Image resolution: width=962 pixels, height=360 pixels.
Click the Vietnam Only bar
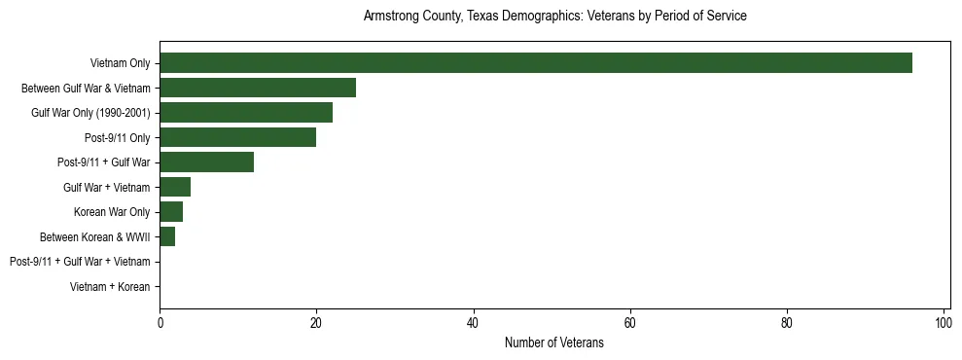click(535, 63)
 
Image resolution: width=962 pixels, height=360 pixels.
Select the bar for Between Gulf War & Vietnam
click(258, 88)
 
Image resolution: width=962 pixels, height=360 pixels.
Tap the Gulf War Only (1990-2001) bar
click(246, 113)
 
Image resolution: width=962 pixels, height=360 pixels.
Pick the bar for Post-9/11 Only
click(238, 137)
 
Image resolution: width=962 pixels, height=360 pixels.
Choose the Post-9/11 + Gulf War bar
click(206, 162)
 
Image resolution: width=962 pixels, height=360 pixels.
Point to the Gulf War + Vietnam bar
click(175, 187)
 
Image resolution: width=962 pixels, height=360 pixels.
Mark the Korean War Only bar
click(171, 212)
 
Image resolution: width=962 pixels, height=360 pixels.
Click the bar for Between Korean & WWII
click(167, 236)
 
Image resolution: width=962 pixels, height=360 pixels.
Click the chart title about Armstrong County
click(554, 17)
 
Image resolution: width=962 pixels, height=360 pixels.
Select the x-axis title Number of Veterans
click(554, 343)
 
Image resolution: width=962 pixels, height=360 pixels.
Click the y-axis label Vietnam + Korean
click(110, 287)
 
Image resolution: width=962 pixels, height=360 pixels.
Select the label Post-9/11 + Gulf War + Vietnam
click(80, 262)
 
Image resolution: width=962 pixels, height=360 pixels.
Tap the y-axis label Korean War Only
click(112, 212)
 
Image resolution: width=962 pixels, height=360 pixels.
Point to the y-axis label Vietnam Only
click(120, 63)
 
